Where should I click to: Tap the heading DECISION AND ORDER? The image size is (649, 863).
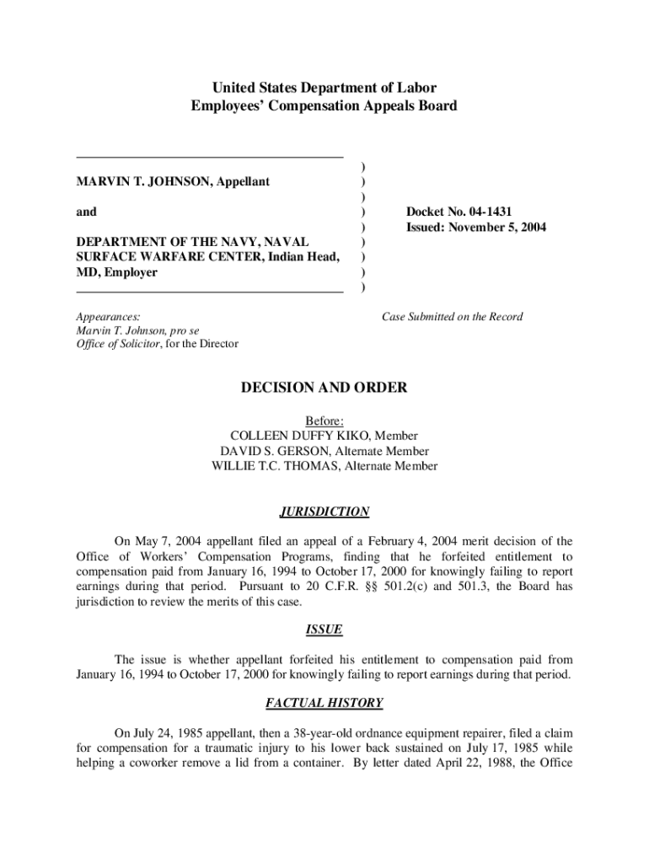pos(324,388)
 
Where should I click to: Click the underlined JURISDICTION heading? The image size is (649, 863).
pos(324,512)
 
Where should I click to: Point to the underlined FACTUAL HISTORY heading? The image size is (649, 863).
pos(324,703)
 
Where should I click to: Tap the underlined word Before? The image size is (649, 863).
pos(324,421)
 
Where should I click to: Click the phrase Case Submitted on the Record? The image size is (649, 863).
pos(452,317)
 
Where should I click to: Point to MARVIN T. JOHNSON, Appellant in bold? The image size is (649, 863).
pos(174,181)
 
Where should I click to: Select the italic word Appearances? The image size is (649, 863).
pos(109,317)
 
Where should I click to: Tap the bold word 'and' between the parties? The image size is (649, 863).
pos(87,212)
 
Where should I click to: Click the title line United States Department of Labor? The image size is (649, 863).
pos(324,88)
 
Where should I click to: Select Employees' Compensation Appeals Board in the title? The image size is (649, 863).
pos(324,105)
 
